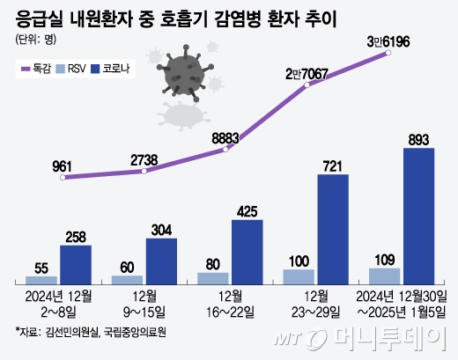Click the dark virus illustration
[182, 74]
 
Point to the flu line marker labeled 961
[62, 178]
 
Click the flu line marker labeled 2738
[144, 171]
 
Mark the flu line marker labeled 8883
[226, 150]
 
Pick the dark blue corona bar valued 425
[247, 251]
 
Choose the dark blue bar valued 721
[333, 229]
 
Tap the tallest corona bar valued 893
[418, 216]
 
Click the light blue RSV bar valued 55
[41, 279]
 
